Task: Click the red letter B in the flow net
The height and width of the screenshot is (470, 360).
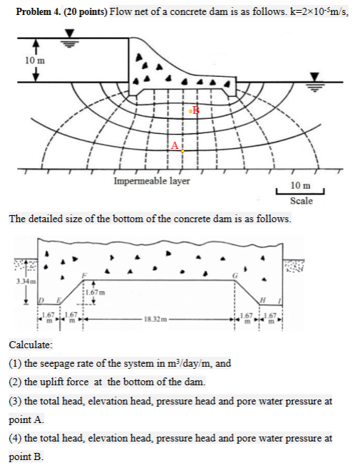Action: pos(197,110)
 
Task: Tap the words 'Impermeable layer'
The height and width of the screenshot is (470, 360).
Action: pos(151,181)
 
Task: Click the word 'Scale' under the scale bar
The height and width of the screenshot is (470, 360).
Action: pos(300,201)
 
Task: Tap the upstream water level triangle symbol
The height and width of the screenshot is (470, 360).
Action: pos(69,34)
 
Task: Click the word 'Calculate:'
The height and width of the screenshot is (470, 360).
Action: pos(28,344)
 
